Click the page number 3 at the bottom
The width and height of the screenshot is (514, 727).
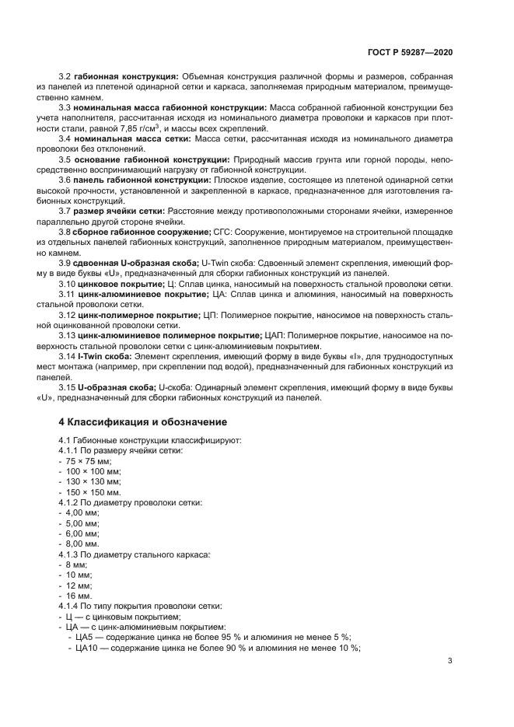pos(450,661)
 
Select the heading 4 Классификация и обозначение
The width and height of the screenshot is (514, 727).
pos(142,422)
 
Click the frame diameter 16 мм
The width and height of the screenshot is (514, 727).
pos(78,594)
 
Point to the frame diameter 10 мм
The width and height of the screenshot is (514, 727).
pos(78,574)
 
